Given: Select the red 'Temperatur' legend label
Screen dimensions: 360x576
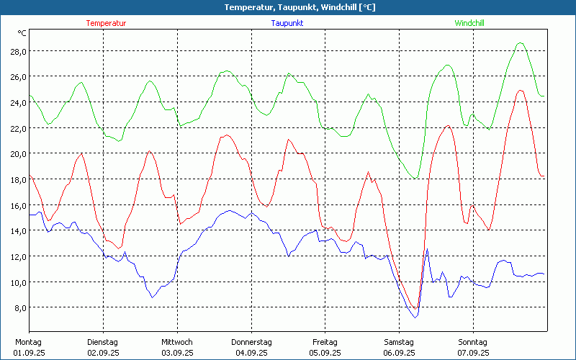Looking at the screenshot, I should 106,23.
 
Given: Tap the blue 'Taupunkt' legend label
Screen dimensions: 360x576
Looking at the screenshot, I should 287,23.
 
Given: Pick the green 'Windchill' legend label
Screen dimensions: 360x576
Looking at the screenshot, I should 469,23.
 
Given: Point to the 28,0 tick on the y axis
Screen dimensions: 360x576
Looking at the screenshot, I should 17,51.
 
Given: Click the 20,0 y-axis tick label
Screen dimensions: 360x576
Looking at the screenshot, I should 17,153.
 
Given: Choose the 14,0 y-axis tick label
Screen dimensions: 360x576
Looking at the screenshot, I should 17,230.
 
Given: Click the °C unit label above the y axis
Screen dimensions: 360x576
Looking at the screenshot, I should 22,33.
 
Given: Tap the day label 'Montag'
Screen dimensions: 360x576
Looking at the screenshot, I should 29,342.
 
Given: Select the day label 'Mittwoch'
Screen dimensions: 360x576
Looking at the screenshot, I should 177,342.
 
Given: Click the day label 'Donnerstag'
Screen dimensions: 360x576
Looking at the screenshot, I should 251,342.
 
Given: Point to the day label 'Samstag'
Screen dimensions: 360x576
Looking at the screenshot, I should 399,342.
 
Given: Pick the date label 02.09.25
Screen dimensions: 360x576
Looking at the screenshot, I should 103,353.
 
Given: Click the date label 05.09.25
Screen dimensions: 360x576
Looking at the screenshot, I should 325,353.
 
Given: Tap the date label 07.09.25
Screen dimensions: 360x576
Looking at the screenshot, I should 472,353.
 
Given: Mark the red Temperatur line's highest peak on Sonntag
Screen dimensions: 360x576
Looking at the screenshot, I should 520,90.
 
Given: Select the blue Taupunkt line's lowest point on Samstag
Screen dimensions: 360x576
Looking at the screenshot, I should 415,318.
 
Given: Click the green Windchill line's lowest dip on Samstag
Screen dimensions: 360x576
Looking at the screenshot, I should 415,178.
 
